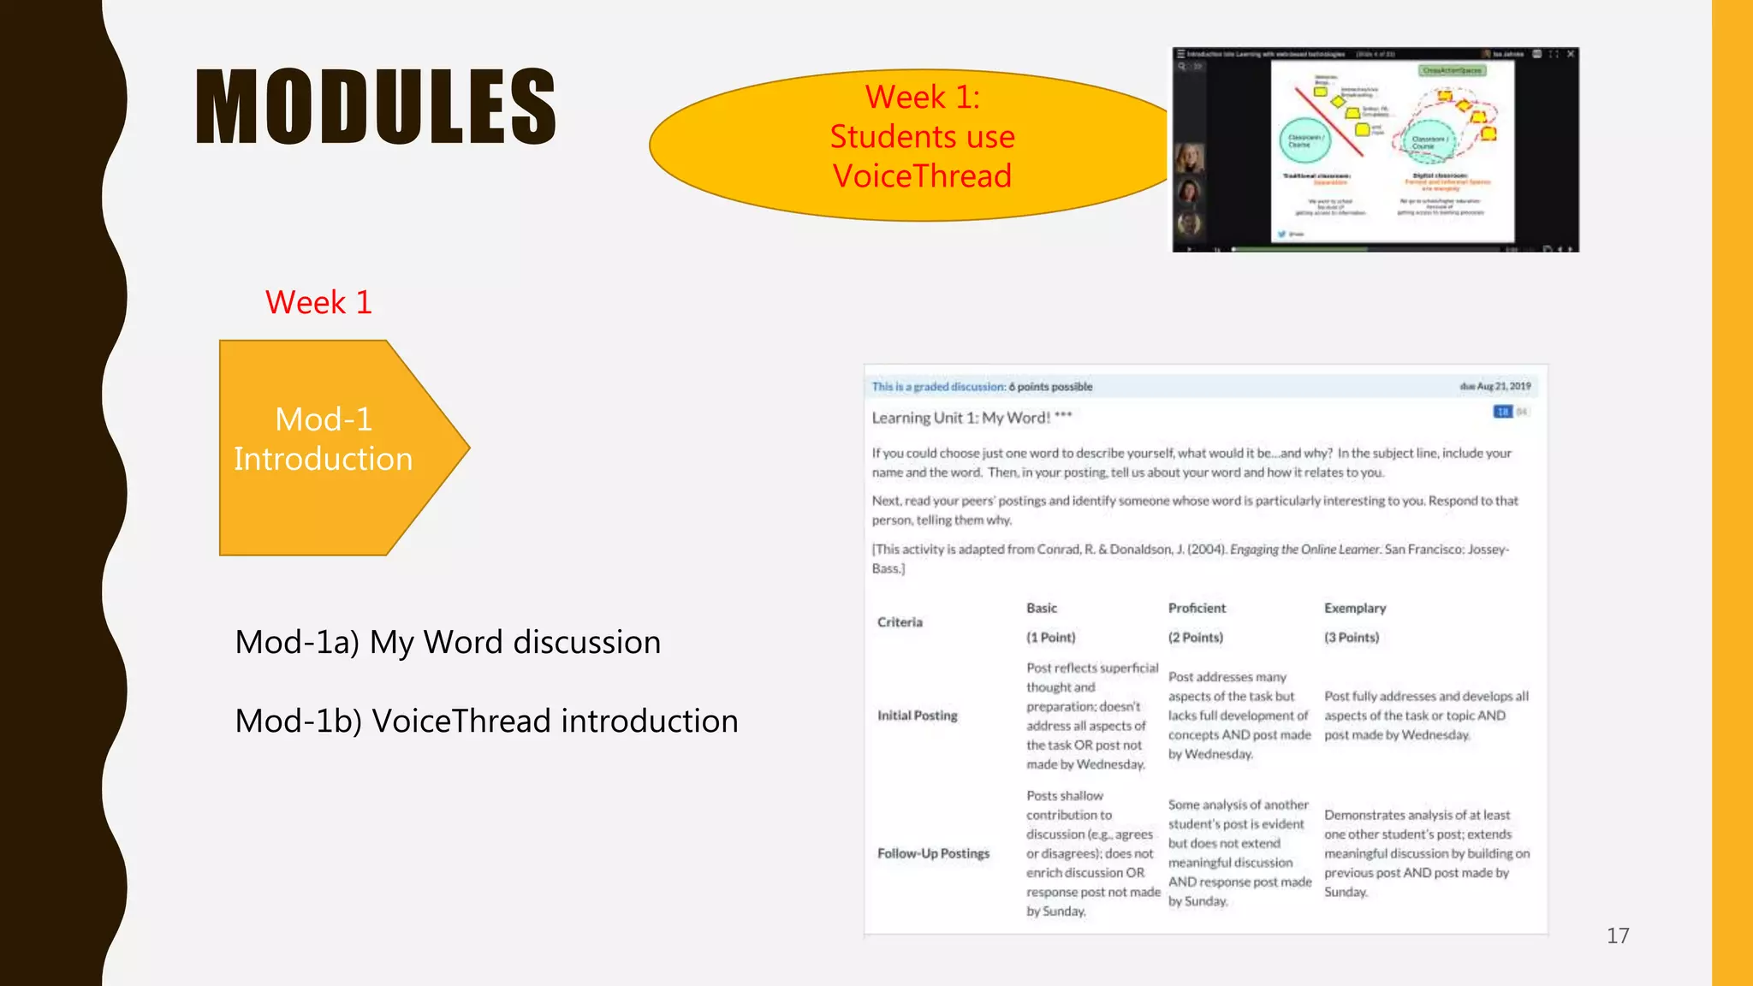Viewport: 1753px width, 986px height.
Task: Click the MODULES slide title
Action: (x=376, y=107)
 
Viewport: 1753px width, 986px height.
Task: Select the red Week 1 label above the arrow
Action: (x=318, y=302)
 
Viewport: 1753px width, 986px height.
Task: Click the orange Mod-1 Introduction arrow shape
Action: (x=325, y=447)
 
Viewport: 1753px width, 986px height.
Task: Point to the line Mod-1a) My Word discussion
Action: (x=448, y=642)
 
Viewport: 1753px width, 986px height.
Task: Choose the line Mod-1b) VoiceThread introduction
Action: (x=486, y=721)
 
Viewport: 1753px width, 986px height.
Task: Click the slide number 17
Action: (x=1617, y=936)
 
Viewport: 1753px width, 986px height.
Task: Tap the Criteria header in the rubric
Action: (x=900, y=622)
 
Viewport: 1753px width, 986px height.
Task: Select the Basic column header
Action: (x=1042, y=608)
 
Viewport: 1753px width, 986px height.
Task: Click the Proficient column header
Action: (x=1197, y=608)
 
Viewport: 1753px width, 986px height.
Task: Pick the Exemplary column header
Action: (x=1355, y=608)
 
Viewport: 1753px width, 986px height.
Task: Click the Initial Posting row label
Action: (x=917, y=716)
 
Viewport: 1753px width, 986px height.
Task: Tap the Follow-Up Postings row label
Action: (x=933, y=853)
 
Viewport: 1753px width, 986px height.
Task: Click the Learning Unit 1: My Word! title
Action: (x=972, y=418)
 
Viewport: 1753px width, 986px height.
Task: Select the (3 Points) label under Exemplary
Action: (x=1352, y=638)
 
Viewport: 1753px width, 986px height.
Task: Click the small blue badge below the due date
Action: (x=1502, y=412)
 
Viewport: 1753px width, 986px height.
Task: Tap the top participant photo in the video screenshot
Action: (x=1189, y=157)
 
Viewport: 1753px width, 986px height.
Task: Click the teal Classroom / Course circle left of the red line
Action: (x=1304, y=141)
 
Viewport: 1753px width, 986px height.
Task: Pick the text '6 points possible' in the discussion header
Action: (x=1050, y=387)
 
